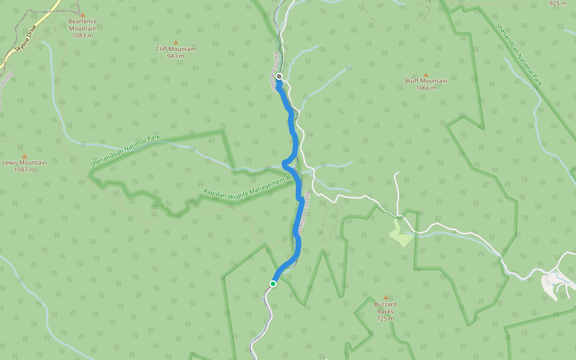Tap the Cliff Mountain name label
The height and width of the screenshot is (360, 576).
coord(176,49)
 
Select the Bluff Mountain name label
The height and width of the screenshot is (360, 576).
coord(426,81)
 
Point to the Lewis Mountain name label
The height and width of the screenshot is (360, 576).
coord(24,163)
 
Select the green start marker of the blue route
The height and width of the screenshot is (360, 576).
coord(273,284)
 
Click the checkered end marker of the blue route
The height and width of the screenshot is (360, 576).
coord(279,76)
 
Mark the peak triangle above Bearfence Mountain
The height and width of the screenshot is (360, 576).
coord(83,14)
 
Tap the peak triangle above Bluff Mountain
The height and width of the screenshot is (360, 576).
coord(426,74)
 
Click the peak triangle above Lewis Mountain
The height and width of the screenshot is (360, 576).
coord(25,156)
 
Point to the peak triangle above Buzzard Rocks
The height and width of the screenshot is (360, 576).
coord(385,297)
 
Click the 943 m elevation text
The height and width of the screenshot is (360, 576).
coord(176,56)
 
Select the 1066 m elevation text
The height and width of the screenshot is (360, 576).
coord(426,88)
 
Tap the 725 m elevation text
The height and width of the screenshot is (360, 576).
coord(385,319)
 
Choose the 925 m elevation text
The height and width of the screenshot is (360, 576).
coord(557,4)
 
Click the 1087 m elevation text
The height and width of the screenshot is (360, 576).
coord(24,170)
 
